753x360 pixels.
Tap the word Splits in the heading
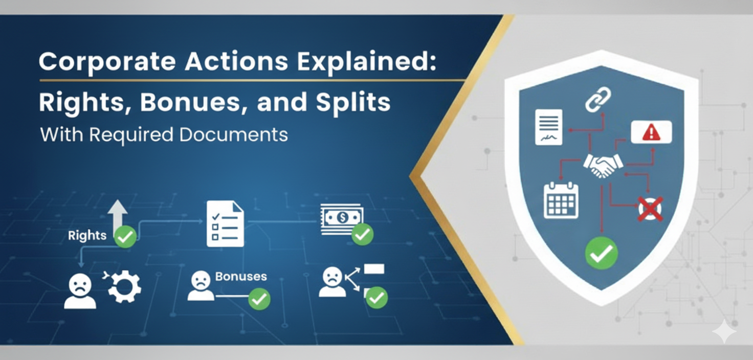(x=353, y=102)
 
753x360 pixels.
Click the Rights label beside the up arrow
(x=87, y=235)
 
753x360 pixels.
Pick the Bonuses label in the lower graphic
(x=241, y=277)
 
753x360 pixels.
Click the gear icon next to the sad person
(x=124, y=287)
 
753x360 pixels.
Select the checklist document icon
(x=225, y=223)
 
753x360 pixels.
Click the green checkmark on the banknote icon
(x=362, y=234)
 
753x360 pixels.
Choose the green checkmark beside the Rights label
(x=125, y=237)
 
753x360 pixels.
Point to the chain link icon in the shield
(x=598, y=99)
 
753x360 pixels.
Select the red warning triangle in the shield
(x=651, y=133)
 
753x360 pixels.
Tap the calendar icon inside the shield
(x=561, y=200)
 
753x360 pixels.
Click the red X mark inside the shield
(x=650, y=209)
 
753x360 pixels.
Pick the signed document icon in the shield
(x=548, y=127)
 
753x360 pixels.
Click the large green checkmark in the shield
(x=601, y=253)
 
